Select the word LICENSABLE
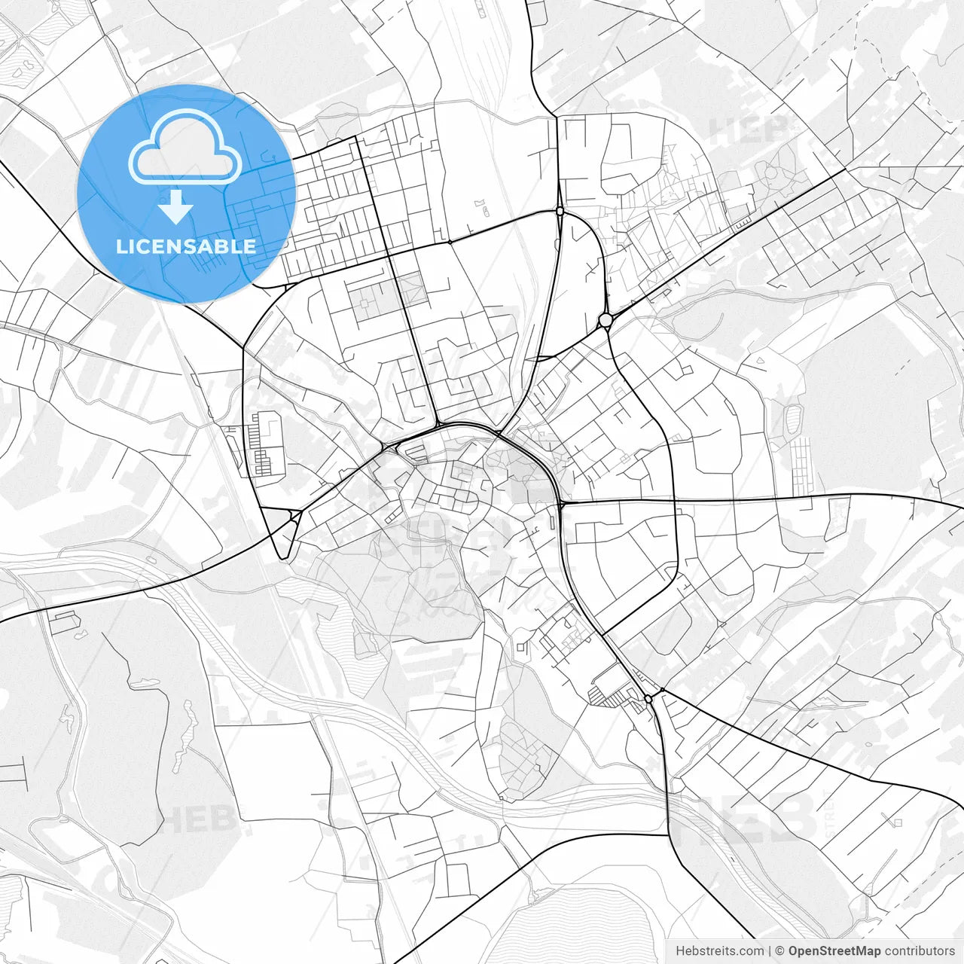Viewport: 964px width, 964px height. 186,246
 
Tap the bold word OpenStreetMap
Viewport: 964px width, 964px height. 834,951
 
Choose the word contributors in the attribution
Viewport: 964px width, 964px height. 919,951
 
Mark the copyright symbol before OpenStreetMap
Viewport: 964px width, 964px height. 780,951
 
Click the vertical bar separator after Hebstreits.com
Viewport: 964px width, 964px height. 770,951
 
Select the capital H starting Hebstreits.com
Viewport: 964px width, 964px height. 680,951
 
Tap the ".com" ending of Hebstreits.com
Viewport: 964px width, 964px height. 752,951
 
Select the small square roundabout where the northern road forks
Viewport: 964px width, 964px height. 560,212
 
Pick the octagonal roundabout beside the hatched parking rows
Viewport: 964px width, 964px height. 648,700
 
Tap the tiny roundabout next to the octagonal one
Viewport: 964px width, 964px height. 662,690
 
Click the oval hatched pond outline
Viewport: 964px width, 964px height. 793,418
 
